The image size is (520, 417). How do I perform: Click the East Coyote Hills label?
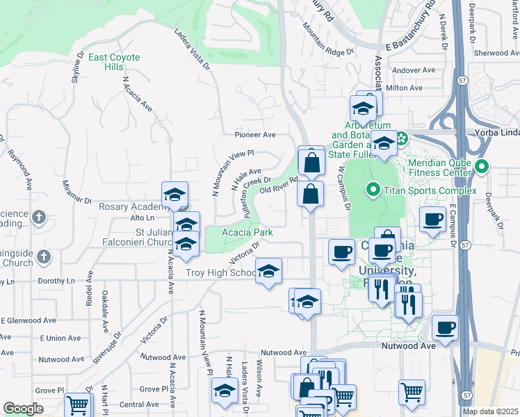114,62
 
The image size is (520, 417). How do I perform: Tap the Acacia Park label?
246,232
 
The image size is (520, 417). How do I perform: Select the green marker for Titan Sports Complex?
373,188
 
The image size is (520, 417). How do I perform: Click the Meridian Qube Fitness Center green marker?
483,167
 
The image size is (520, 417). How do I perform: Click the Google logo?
23,409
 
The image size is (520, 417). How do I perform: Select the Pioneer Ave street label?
255,134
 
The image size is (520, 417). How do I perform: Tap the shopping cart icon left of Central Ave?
76,404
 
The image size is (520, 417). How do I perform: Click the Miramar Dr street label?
76,190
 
